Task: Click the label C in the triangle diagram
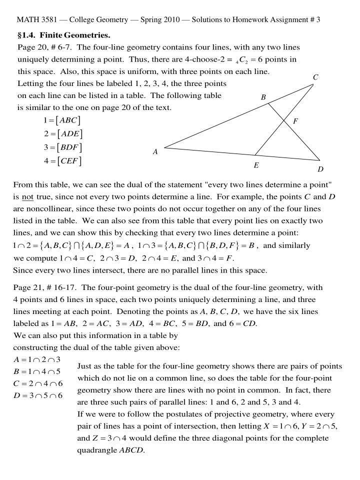point(316,77)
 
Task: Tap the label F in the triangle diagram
point(295,121)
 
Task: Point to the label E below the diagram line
point(256,165)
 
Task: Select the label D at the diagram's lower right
point(320,169)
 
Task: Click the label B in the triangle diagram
point(263,97)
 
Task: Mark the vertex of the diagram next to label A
point(164,147)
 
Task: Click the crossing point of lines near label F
point(284,120)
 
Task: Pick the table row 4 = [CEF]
point(62,160)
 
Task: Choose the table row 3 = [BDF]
point(62,147)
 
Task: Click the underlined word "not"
point(28,196)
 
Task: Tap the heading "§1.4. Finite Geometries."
point(64,35)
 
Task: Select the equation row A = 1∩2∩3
point(37,359)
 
